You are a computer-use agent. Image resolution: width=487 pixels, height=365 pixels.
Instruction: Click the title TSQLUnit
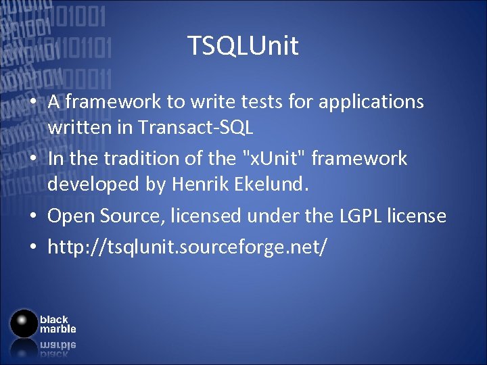(243, 47)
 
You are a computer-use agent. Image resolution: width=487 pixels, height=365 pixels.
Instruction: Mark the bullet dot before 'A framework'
(32, 103)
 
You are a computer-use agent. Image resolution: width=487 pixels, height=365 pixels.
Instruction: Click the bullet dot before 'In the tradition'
(32, 160)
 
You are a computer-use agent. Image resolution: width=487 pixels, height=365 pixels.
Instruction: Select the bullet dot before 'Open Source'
(32, 217)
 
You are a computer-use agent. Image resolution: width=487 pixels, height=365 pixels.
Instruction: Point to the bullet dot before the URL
(32, 247)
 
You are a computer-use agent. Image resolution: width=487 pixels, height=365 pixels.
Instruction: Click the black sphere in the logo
(23, 323)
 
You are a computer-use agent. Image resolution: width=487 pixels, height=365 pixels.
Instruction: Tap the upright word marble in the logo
(57, 329)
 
